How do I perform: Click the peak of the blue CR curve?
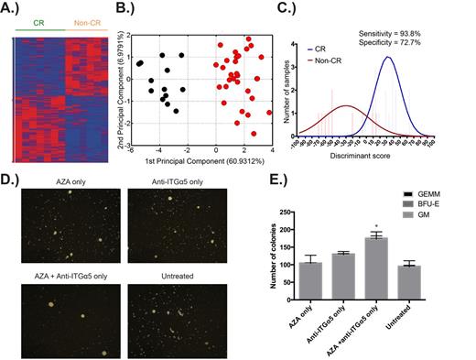[389, 57]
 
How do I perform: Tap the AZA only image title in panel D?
[57, 186]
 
